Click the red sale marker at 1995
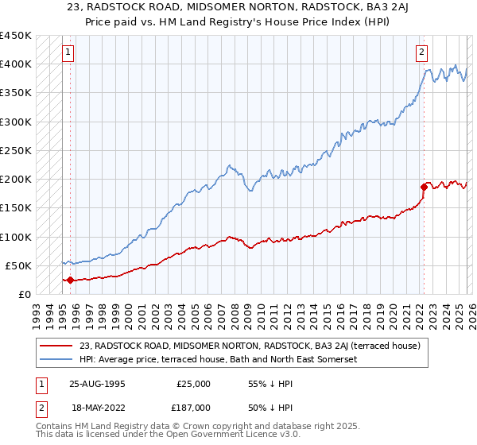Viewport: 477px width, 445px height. [x=70, y=280]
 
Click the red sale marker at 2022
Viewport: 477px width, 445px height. [x=423, y=187]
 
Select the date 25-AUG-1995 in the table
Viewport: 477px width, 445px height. [x=95, y=383]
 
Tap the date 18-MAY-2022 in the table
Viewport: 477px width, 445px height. [x=95, y=406]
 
